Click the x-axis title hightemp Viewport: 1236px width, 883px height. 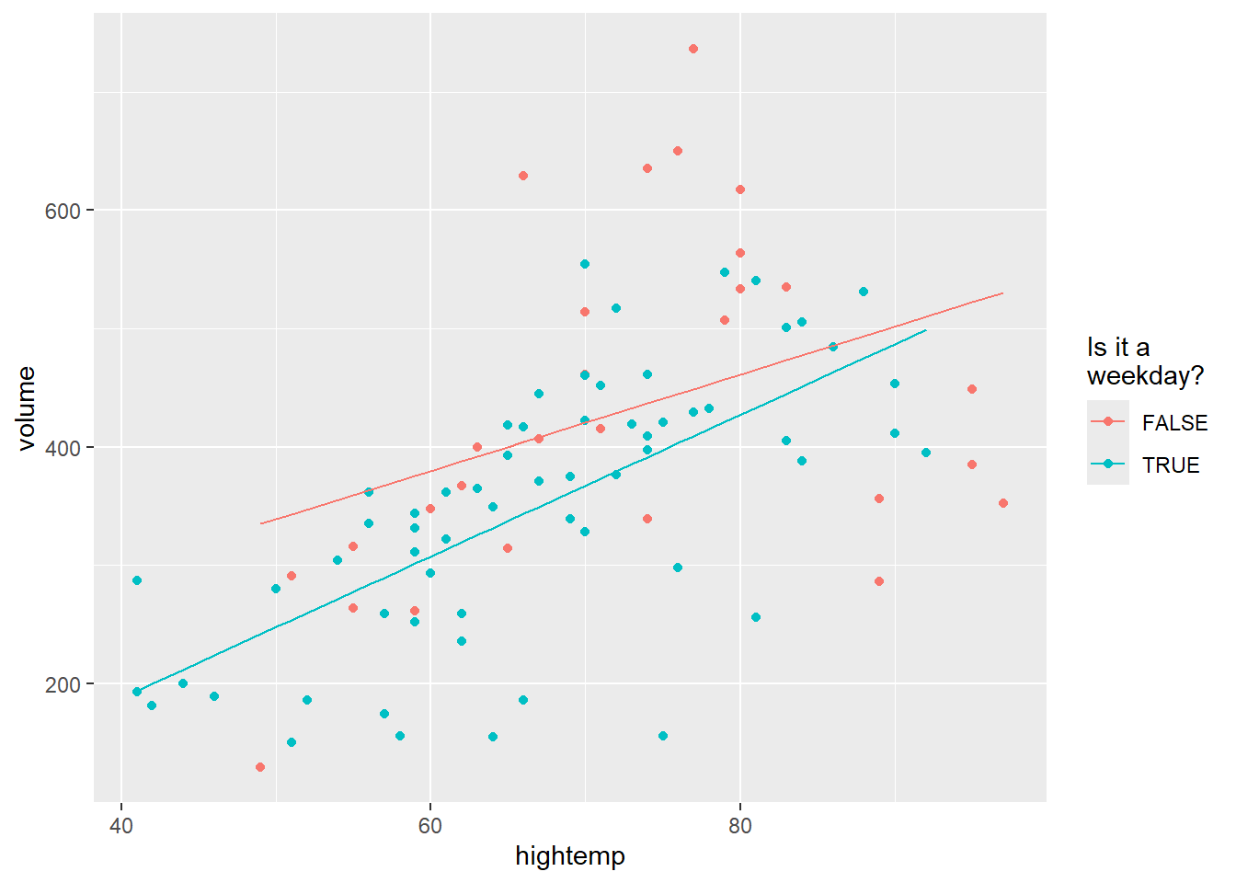pos(569,856)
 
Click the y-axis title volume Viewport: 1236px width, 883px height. pos(26,408)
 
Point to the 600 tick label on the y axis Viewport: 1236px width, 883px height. pos(63,211)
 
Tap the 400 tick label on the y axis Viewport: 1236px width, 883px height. pos(63,448)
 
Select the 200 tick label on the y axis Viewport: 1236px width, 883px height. pos(63,684)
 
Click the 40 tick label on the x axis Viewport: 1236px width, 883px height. pos(121,825)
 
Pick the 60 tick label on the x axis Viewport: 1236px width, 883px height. pos(430,825)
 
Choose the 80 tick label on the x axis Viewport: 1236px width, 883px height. pos(739,825)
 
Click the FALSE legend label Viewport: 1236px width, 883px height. pos(1174,423)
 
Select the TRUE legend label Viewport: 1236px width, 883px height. pos(1171,465)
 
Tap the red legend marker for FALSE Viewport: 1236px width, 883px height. pos(1107,422)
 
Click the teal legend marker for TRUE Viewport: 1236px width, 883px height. pos(1107,464)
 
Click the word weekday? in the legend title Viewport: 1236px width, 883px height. pos(1145,376)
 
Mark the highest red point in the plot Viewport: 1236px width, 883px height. pos(693,49)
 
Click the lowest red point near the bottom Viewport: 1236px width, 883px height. pos(260,767)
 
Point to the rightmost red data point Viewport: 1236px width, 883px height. pos(1003,503)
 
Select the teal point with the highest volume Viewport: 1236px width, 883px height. pos(585,264)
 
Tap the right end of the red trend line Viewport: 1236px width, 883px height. pos(1002,293)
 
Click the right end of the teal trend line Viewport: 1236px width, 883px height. pos(925,330)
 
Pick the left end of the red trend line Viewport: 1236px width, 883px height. pos(261,523)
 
